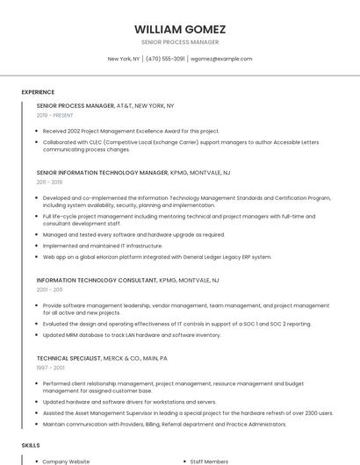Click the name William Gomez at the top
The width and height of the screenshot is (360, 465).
[180, 29]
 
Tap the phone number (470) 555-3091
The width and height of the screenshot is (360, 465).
[165, 59]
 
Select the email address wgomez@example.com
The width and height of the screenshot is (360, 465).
[221, 59]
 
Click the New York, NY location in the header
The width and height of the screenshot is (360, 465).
[124, 59]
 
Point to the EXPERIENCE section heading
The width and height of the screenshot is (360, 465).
[38, 92]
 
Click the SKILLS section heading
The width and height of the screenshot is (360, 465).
[31, 446]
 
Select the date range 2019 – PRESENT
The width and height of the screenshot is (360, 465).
[55, 115]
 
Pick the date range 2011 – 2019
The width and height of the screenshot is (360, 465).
[49, 182]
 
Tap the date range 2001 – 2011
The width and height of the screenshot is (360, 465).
[49, 290]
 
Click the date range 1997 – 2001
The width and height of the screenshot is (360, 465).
[49, 368]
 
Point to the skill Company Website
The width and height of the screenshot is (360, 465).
[67, 461]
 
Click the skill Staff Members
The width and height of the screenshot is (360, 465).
[209, 461]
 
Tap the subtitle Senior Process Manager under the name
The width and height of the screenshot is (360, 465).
[180, 42]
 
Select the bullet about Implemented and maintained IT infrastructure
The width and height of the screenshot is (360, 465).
[103, 246]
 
